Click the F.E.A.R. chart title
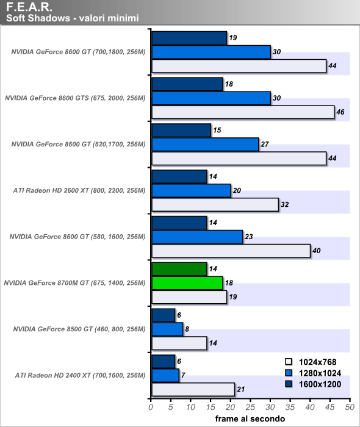click(x=29, y=7)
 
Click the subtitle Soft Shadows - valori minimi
click(x=73, y=18)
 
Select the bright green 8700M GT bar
click(x=187, y=283)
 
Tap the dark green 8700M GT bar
click(x=179, y=269)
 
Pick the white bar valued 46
click(x=243, y=112)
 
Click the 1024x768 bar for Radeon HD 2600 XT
click(x=215, y=204)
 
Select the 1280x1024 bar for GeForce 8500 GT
click(x=167, y=329)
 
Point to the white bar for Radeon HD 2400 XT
click(x=193, y=389)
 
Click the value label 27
click(x=265, y=144)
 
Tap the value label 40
click(x=317, y=251)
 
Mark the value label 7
click(x=183, y=375)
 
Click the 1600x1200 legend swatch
click(x=289, y=384)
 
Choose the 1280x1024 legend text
click(x=320, y=373)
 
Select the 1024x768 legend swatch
click(x=289, y=362)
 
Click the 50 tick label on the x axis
click(x=350, y=407)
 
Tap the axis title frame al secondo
click(x=250, y=419)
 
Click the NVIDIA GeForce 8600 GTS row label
click(x=75, y=98)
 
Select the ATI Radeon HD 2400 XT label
click(x=80, y=375)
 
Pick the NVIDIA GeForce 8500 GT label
click(x=79, y=329)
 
